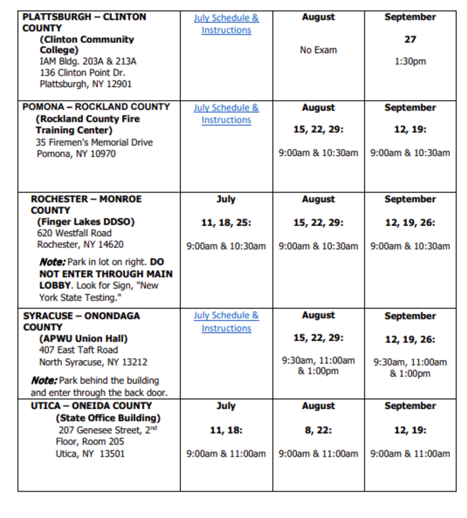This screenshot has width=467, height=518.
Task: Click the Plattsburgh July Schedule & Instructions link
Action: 226,24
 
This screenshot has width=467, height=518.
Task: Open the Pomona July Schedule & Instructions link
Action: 226,114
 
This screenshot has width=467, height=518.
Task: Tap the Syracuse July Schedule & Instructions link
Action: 226,321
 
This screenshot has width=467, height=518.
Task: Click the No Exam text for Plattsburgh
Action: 318,50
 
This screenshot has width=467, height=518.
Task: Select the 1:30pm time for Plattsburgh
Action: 410,61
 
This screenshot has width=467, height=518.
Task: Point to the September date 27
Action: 410,39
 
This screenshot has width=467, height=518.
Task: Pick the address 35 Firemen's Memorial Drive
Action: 94,142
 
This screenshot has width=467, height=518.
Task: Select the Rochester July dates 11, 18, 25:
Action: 226,223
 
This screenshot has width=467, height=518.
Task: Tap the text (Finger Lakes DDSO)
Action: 86,222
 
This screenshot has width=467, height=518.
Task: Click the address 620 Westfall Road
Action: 74,233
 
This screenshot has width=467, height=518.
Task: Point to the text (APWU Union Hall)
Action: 83,338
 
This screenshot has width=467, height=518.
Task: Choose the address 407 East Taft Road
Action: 78,350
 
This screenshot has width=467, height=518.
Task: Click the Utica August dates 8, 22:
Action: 318,430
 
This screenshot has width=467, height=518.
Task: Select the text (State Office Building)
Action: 108,418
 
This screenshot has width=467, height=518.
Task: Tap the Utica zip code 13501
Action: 111,453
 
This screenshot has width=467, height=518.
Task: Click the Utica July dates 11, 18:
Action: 226,430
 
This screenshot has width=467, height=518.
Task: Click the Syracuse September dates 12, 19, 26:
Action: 410,339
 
